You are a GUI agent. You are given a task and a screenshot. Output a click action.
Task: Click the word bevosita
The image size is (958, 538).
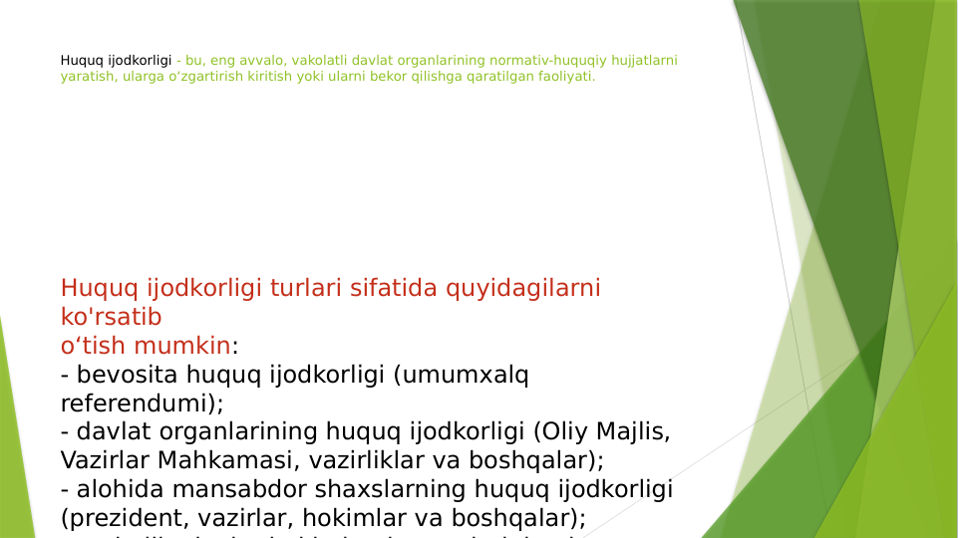point(129,375)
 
